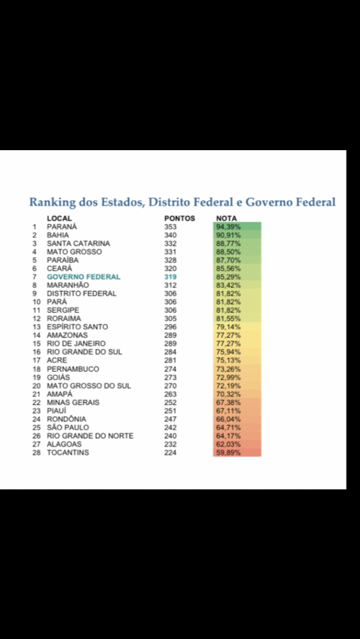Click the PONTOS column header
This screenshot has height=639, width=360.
[179, 218]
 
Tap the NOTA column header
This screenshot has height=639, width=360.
[227, 218]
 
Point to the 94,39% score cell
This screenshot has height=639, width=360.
[228, 227]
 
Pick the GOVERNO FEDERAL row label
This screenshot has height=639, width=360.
[83, 277]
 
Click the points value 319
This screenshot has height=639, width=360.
[170, 277]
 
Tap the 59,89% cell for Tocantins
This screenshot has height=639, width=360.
[228, 453]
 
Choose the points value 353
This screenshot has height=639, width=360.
[170, 227]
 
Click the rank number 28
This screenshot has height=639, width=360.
[37, 453]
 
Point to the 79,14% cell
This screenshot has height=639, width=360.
[228, 327]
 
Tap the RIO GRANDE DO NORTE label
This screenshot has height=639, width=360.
[90, 436]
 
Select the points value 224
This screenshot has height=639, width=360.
[170, 453]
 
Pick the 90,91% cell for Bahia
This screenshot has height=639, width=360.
[228, 235]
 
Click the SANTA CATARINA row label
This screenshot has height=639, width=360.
[78, 244]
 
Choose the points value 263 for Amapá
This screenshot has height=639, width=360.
[170, 394]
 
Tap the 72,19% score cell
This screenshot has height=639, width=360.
[228, 385]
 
